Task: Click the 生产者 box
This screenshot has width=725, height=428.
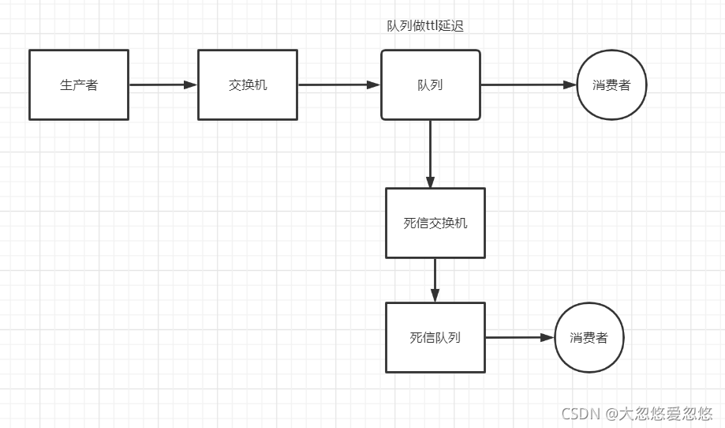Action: pyautogui.click(x=79, y=84)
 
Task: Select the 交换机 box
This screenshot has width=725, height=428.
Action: pyautogui.click(x=248, y=84)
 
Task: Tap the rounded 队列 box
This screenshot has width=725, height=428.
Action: pyautogui.click(x=431, y=84)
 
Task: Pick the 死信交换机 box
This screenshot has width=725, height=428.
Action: pyautogui.click(x=435, y=223)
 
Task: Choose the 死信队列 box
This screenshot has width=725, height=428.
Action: pyautogui.click(x=435, y=337)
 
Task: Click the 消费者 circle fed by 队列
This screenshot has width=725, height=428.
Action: pyautogui.click(x=612, y=85)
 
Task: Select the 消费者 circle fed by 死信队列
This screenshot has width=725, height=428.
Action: pyautogui.click(x=589, y=337)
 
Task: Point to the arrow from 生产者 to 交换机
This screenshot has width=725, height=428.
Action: pyautogui.click(x=162, y=84)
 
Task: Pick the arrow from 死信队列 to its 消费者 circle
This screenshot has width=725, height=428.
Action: pyautogui.click(x=518, y=337)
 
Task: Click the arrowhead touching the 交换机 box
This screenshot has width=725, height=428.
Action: pyautogui.click(x=191, y=84)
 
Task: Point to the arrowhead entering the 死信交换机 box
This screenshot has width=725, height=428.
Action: pyautogui.click(x=431, y=182)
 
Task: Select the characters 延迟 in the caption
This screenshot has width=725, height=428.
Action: pyautogui.click(x=452, y=26)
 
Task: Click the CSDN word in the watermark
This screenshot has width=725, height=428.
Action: pyautogui.click(x=578, y=413)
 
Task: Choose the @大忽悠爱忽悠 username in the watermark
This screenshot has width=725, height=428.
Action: pyautogui.click(x=658, y=413)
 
